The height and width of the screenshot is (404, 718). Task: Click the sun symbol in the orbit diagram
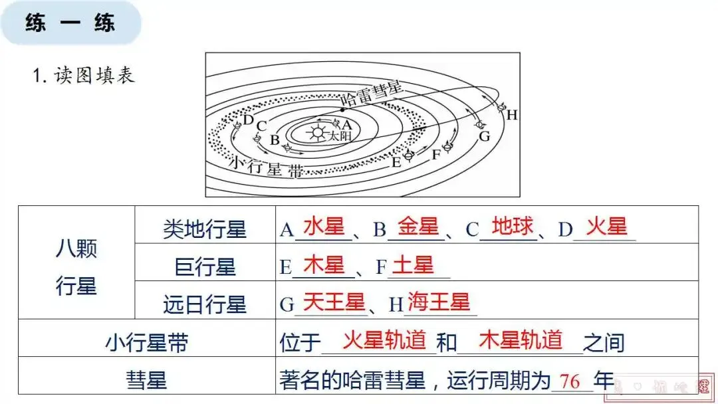pos(315,132)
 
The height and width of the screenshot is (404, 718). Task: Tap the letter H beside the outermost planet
pos(512,115)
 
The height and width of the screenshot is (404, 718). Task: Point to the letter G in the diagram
pos(484,136)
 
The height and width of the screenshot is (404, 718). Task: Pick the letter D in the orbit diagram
pos(248,120)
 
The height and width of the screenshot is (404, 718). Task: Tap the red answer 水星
pos(324,227)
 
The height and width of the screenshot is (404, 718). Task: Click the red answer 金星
pos(418,227)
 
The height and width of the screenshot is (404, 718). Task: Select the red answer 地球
pos(513,227)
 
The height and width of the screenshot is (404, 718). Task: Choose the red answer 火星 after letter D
pos(606,227)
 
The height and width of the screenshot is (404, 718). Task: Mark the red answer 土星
pos(413,265)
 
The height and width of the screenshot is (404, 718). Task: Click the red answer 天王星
pos(334,303)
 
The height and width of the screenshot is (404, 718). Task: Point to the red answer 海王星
pos(438,303)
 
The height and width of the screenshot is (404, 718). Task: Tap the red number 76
pos(570,381)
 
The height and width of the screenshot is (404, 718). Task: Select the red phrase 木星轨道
pos(521,341)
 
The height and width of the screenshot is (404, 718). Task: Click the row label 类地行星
pos(205,230)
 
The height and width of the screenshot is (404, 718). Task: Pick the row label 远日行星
pos(205,305)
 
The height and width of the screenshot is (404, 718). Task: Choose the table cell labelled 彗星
pos(146,381)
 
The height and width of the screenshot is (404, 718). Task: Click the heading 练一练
pos(70,23)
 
